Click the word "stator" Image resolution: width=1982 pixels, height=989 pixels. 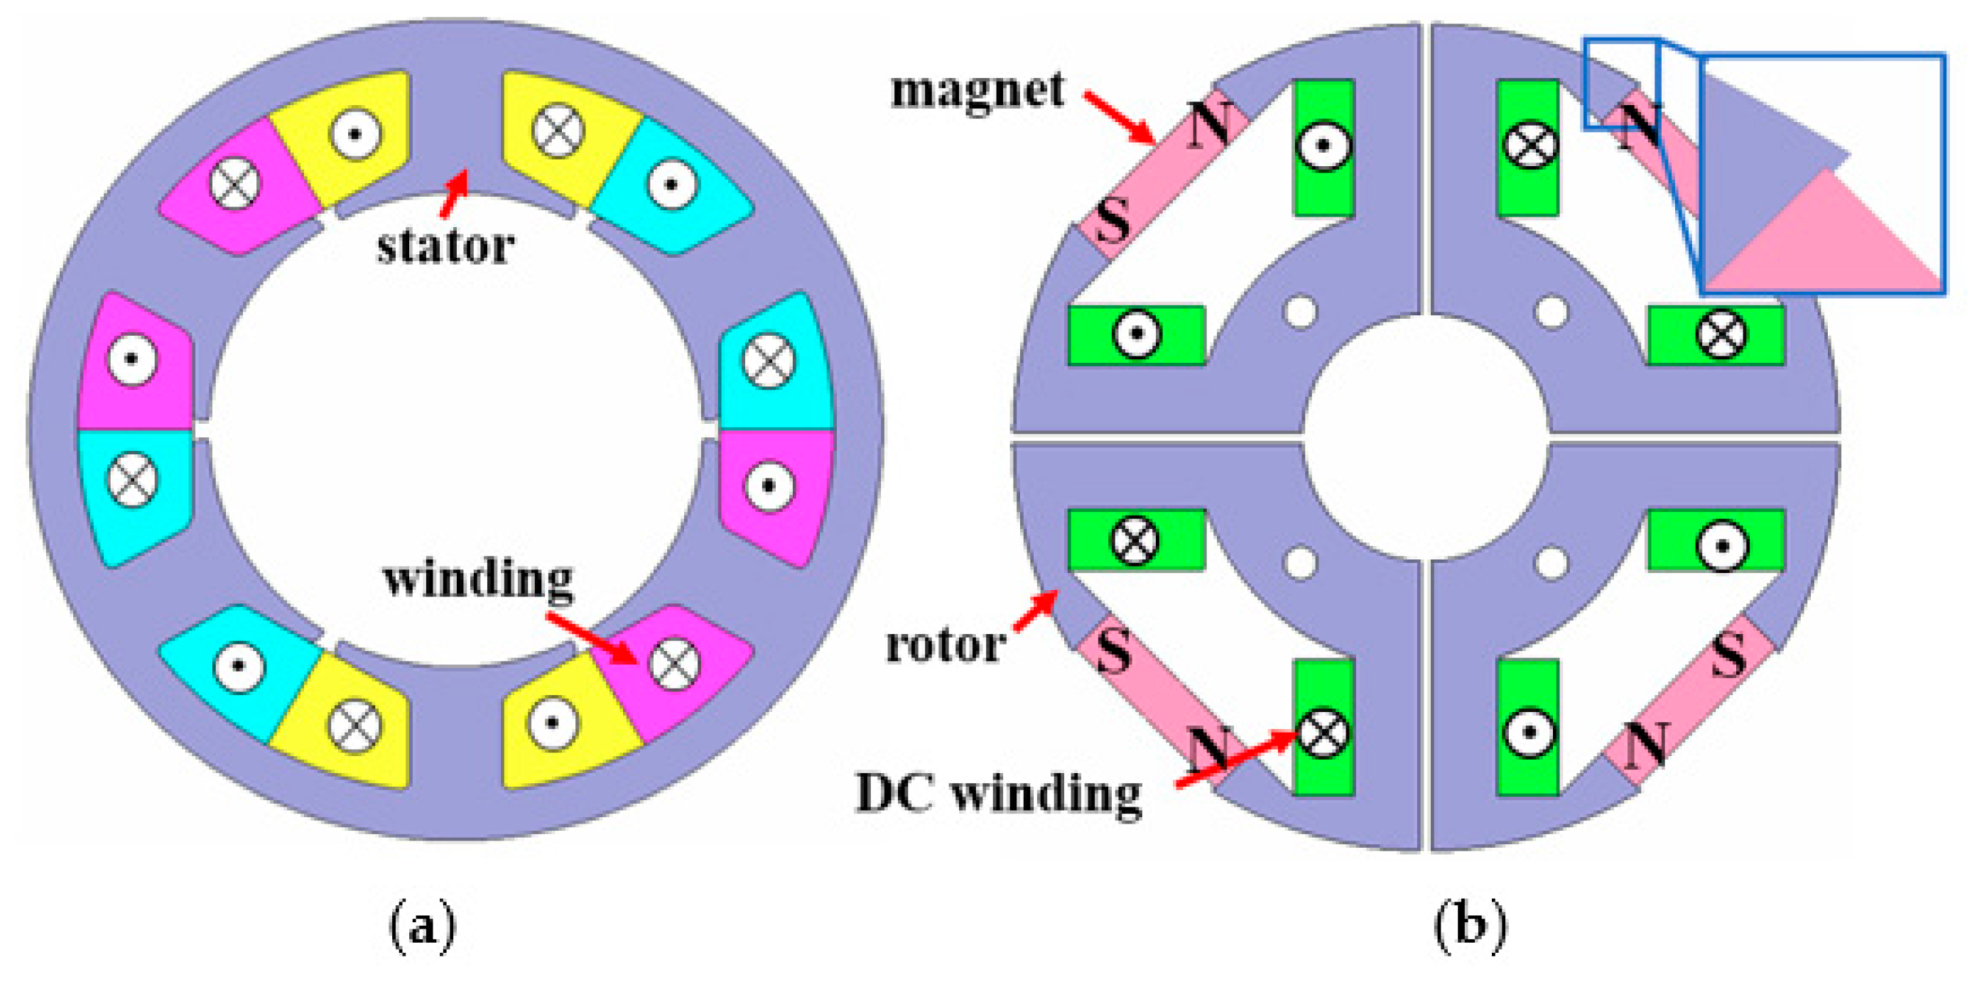point(445,247)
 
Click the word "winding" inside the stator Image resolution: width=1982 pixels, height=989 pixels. point(478,579)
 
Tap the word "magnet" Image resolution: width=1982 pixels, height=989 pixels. point(978,91)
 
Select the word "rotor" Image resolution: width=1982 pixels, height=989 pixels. point(946,645)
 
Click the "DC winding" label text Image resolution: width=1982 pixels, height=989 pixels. point(998,793)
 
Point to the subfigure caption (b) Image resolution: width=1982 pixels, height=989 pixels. point(1471,927)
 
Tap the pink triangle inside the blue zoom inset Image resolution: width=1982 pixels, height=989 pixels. point(1831,239)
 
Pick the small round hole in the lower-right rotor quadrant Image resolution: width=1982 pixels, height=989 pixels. point(1551,564)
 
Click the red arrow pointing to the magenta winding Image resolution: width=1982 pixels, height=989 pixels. point(592,638)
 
